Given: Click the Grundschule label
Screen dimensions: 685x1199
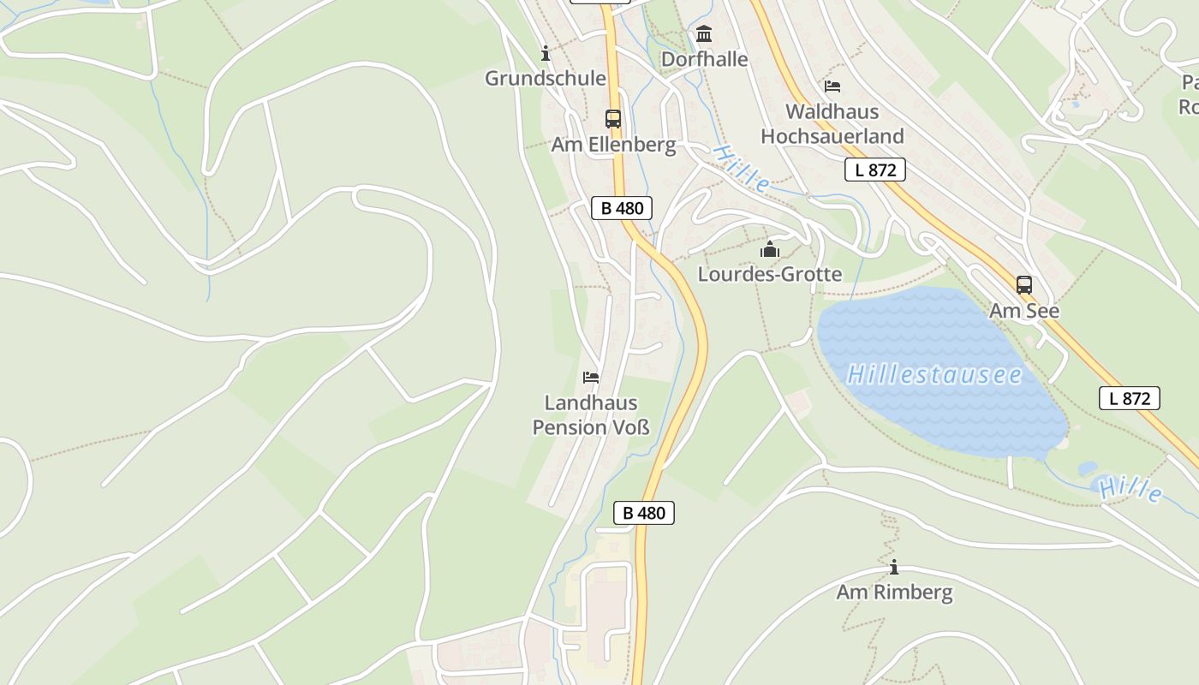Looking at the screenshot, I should pyautogui.click(x=546, y=79).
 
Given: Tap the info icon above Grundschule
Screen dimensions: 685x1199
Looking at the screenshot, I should pyautogui.click(x=546, y=54).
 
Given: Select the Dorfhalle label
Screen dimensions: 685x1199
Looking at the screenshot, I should pyautogui.click(x=705, y=59).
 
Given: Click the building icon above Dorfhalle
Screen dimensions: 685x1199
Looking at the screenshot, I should pyautogui.click(x=704, y=34).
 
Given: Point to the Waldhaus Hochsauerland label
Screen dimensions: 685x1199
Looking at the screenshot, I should pyautogui.click(x=832, y=124).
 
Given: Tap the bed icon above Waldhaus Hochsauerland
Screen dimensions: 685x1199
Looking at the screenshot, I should pyautogui.click(x=832, y=86).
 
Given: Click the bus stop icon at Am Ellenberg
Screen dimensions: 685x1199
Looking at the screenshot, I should pyautogui.click(x=613, y=119).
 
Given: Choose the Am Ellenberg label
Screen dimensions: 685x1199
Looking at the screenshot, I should pyautogui.click(x=613, y=145).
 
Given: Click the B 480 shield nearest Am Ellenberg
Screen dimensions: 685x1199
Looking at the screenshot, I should pyautogui.click(x=622, y=207).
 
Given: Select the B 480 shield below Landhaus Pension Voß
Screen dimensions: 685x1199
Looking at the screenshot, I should pyautogui.click(x=644, y=513).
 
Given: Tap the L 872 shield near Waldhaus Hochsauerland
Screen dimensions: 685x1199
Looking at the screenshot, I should pyautogui.click(x=875, y=170).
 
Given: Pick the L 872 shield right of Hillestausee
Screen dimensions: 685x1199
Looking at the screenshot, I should pyautogui.click(x=1130, y=398).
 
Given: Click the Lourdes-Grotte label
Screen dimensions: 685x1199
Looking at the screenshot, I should pyautogui.click(x=770, y=275).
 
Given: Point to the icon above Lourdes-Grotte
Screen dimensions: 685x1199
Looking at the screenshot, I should pyautogui.click(x=770, y=250).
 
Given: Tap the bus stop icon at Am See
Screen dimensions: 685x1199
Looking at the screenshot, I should pyautogui.click(x=1024, y=285).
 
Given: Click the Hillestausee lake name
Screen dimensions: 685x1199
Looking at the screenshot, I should pyautogui.click(x=934, y=375).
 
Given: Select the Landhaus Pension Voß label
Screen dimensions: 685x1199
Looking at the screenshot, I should pyautogui.click(x=591, y=415).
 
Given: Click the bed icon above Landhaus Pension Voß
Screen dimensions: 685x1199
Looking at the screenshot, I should pyautogui.click(x=591, y=377).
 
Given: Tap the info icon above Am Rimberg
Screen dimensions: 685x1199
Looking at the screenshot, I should pyautogui.click(x=894, y=567).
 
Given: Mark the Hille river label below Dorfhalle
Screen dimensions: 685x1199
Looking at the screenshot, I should pyautogui.click(x=742, y=169).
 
